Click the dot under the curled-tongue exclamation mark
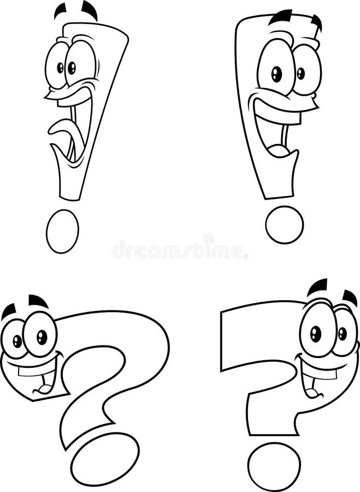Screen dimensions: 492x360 click(x=62, y=231)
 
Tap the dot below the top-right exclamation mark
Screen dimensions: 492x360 click(x=284, y=224)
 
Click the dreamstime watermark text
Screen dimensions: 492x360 click(x=180, y=251)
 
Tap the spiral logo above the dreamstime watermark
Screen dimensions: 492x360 click(x=208, y=239)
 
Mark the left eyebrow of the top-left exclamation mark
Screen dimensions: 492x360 click(x=60, y=10)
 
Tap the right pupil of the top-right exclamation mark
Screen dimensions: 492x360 click(x=300, y=73)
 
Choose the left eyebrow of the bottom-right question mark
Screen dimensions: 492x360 click(x=317, y=287)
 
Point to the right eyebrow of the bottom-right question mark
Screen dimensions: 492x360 click(x=350, y=298)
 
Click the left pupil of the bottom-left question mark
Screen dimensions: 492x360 click(x=17, y=341)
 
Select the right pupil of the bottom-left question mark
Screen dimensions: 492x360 click(x=42, y=337)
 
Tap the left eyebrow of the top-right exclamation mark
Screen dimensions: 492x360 click(x=280, y=17)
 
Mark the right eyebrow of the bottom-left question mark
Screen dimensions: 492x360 click(x=38, y=300)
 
